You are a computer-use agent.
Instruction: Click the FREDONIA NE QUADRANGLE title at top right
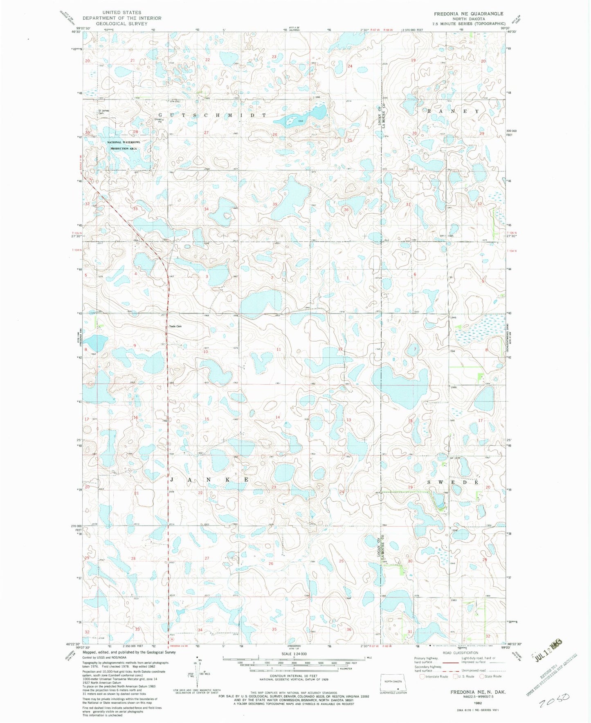click(x=469, y=14)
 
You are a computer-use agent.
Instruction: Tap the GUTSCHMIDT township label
click(x=212, y=115)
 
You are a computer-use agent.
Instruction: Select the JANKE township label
click(x=209, y=479)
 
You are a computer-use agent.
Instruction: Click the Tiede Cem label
click(x=175, y=326)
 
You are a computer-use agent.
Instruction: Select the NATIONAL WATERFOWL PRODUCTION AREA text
click(x=124, y=145)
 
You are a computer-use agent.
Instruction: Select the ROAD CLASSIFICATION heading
click(x=460, y=653)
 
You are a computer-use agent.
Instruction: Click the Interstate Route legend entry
click(x=434, y=676)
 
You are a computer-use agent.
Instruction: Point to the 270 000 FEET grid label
click(x=76, y=527)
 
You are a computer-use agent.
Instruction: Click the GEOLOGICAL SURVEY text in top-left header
click(x=122, y=23)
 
